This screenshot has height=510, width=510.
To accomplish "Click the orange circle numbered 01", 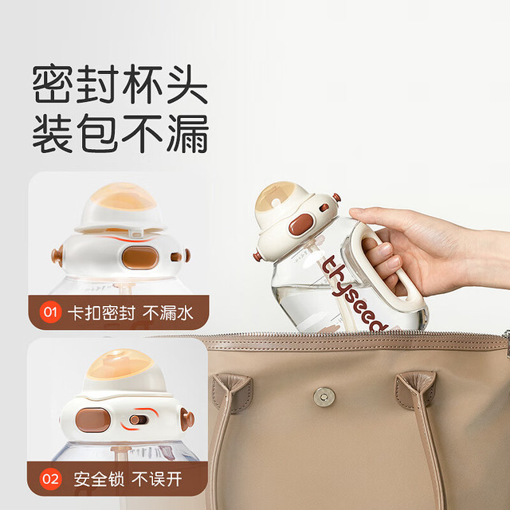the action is pyautogui.click(x=50, y=312).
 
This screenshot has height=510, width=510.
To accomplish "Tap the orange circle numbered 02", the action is pyautogui.click(x=50, y=479).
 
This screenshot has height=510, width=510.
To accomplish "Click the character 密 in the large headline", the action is pyautogui.click(x=53, y=84).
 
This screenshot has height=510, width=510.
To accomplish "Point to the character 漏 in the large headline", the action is pyautogui.click(x=188, y=133).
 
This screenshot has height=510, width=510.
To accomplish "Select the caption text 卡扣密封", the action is pyautogui.click(x=101, y=313).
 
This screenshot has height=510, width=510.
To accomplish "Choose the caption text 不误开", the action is pyautogui.click(x=157, y=480).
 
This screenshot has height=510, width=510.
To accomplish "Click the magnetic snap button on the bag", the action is pyautogui.click(x=324, y=397).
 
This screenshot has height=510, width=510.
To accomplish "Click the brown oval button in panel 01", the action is pyautogui.click(x=140, y=257).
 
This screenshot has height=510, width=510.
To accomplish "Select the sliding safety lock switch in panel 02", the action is pyautogui.click(x=139, y=420).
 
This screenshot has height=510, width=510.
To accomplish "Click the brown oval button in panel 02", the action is pyautogui.click(x=93, y=420).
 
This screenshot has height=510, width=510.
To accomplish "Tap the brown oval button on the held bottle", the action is pyautogui.click(x=301, y=224).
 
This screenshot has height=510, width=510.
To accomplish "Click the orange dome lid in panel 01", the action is pyautogui.click(x=123, y=196).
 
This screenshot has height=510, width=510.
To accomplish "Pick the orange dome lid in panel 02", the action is pyautogui.click(x=120, y=364).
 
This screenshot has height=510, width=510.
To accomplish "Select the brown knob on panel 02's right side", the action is pyautogui.click(x=188, y=419).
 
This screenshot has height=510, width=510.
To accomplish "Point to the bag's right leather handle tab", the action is pyautogui.click(x=415, y=390).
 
